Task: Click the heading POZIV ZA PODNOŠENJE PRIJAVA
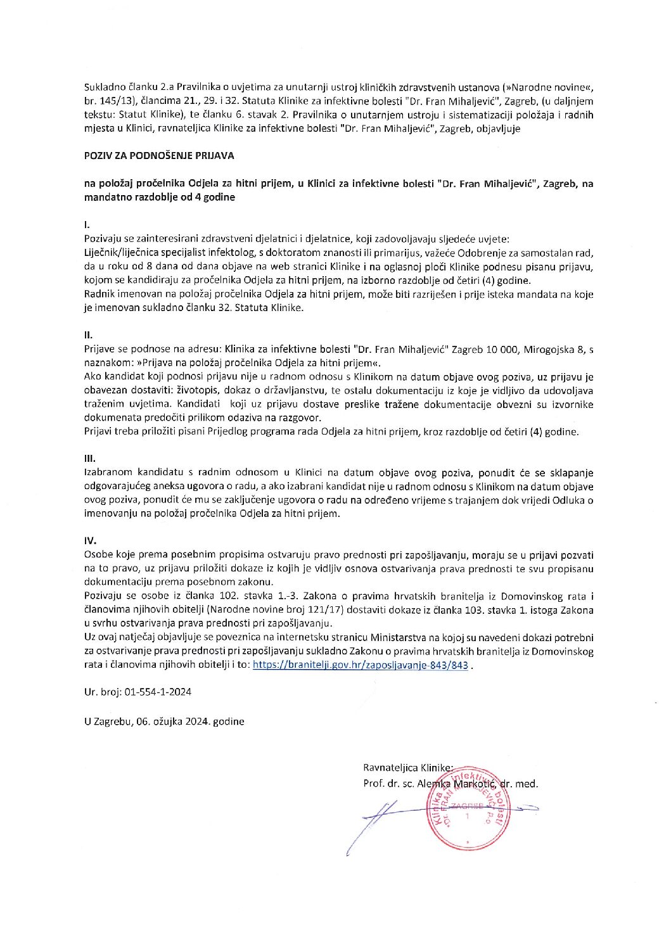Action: [x=159, y=155]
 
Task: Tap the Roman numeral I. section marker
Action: [x=87, y=225]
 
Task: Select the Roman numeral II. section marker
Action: [x=88, y=334]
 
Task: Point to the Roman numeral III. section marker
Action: [x=89, y=458]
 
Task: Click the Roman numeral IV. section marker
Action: [x=90, y=540]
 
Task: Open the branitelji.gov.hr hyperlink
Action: [x=360, y=665]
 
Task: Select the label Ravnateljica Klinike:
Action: [x=407, y=767]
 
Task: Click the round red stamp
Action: [x=469, y=809]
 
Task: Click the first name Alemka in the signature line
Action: [x=433, y=784]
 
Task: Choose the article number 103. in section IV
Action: [x=486, y=610]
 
